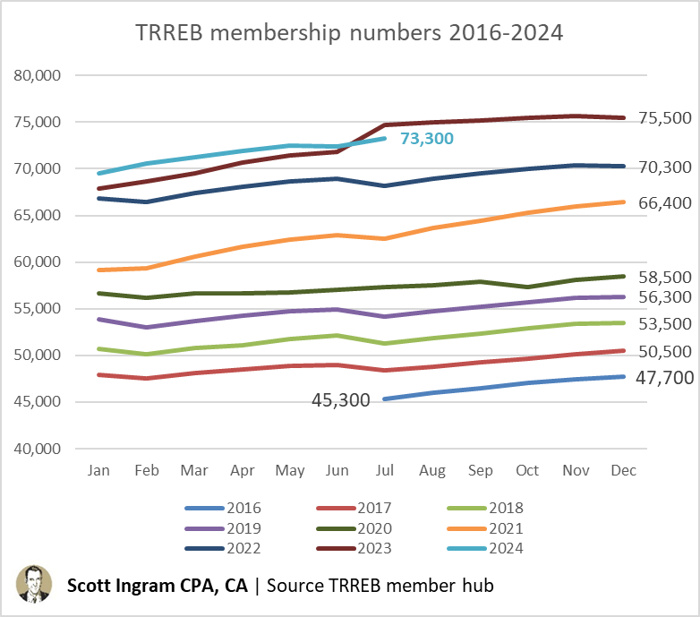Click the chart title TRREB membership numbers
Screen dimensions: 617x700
pos(349,33)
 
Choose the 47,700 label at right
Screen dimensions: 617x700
pos(663,378)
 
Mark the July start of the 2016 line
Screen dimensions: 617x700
pos(383,399)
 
